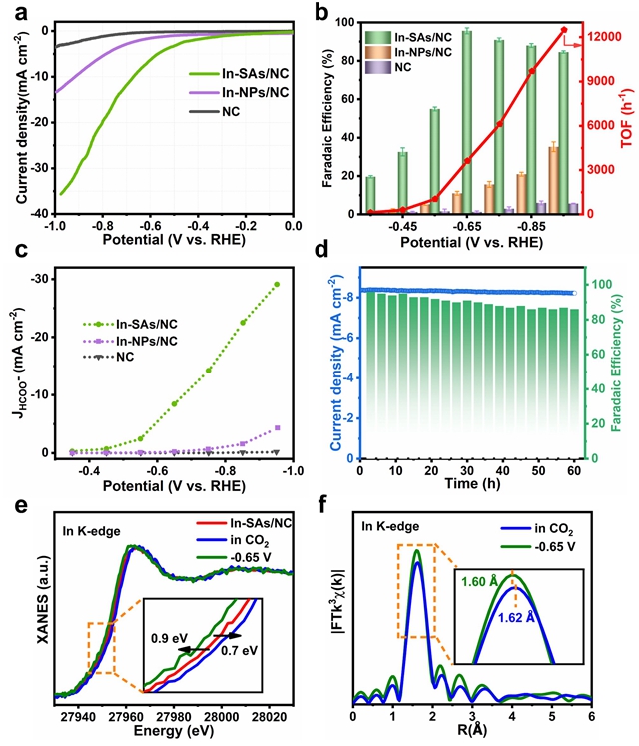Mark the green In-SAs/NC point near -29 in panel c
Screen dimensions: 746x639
(x=277, y=285)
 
